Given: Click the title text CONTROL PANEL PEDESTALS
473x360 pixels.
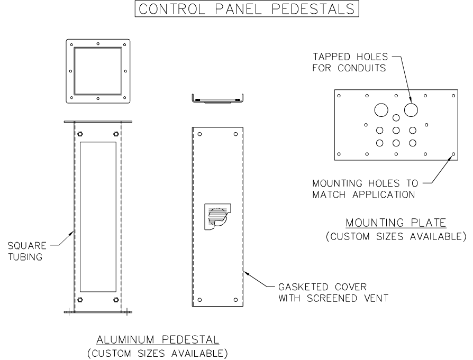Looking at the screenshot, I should pyautogui.click(x=236, y=10).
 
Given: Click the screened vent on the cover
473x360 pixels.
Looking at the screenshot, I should pyautogui.click(x=217, y=216).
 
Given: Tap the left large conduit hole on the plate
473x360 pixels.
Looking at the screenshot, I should pyautogui.click(x=380, y=109).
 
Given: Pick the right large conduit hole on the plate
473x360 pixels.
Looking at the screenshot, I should pyautogui.click(x=412, y=109).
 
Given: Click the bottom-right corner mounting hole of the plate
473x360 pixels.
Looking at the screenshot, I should pyautogui.click(x=453, y=155).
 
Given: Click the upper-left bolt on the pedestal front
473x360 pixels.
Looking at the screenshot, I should pyautogui.click(x=80, y=134).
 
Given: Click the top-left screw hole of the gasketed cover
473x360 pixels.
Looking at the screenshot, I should pyautogui.click(x=199, y=134).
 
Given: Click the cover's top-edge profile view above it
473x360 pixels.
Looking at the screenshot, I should pyautogui.click(x=216, y=99).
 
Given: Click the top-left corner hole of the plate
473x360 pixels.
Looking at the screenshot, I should pyautogui.click(x=339, y=96).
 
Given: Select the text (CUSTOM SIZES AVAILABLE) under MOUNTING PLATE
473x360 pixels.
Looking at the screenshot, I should pyautogui.click(x=396, y=236).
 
